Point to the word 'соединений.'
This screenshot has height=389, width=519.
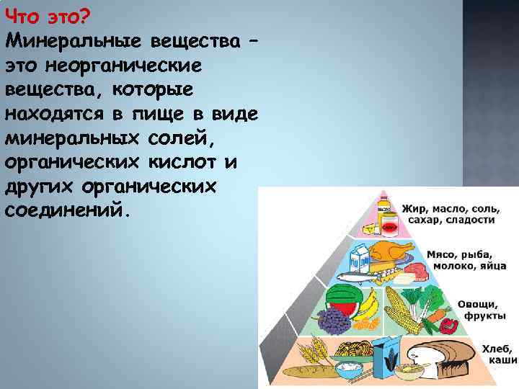coord(68,212)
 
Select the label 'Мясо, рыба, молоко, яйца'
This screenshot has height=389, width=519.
coord(458,261)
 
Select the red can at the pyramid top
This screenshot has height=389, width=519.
coord(389,228)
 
